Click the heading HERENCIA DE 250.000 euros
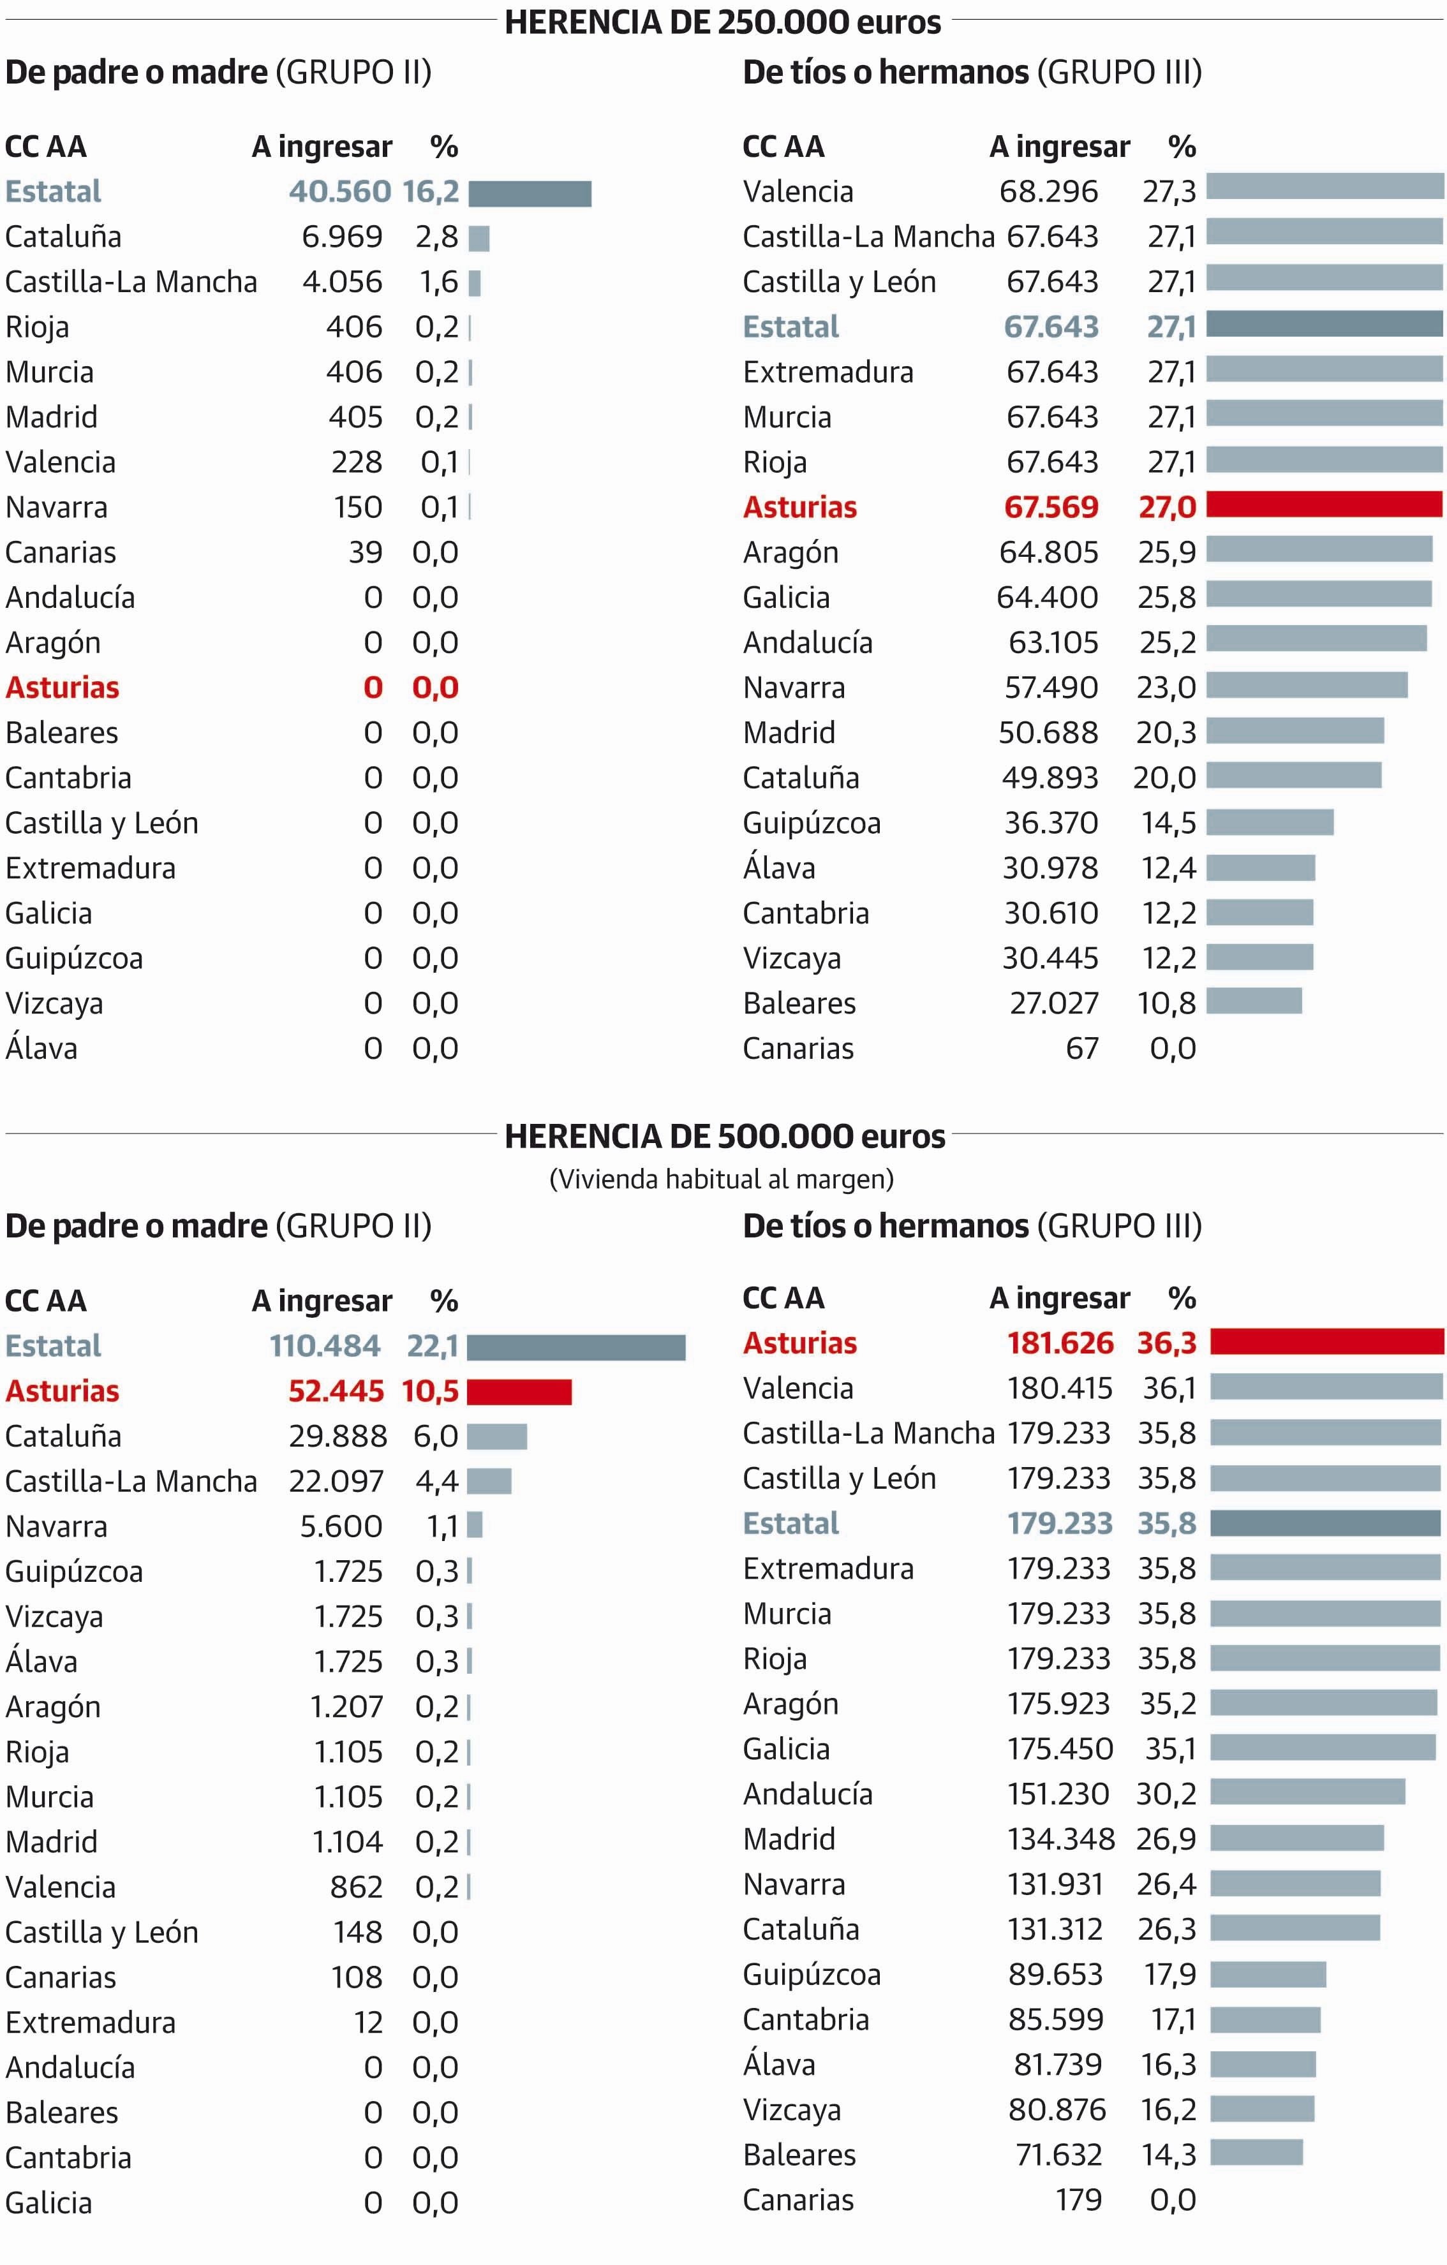[x=723, y=22]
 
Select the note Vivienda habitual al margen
[x=722, y=1179]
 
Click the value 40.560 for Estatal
[x=339, y=192]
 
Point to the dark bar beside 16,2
[x=530, y=194]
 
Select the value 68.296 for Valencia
[x=1048, y=192]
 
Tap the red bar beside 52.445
[x=519, y=1392]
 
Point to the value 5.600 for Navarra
[x=341, y=1526]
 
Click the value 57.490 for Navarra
[x=1051, y=688]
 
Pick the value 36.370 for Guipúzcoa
[x=1051, y=823]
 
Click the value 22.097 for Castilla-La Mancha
[x=336, y=1482]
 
